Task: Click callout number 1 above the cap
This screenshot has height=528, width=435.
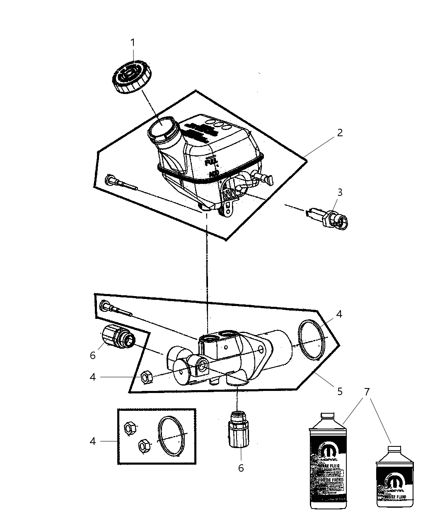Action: pos(133,42)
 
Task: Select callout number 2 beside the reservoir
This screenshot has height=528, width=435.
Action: pos(340,133)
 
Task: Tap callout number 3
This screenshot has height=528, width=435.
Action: pos(340,192)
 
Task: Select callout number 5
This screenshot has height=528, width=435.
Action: pos(340,391)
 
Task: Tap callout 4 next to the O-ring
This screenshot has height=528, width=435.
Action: pos(339,314)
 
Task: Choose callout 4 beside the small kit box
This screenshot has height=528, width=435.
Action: pos(93,441)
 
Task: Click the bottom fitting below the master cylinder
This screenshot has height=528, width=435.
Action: pos(237,429)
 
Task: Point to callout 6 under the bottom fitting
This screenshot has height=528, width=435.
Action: pos(241,468)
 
